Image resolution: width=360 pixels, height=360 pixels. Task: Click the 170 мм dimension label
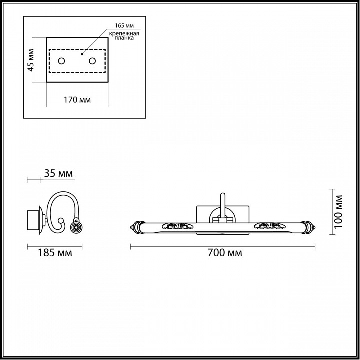point(77,100)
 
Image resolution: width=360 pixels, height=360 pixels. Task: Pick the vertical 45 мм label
point(31,60)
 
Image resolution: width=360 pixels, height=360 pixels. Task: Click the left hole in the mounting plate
point(62,61)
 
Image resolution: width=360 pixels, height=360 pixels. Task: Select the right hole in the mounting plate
point(92,61)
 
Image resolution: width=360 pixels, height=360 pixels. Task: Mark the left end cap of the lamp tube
point(135,226)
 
